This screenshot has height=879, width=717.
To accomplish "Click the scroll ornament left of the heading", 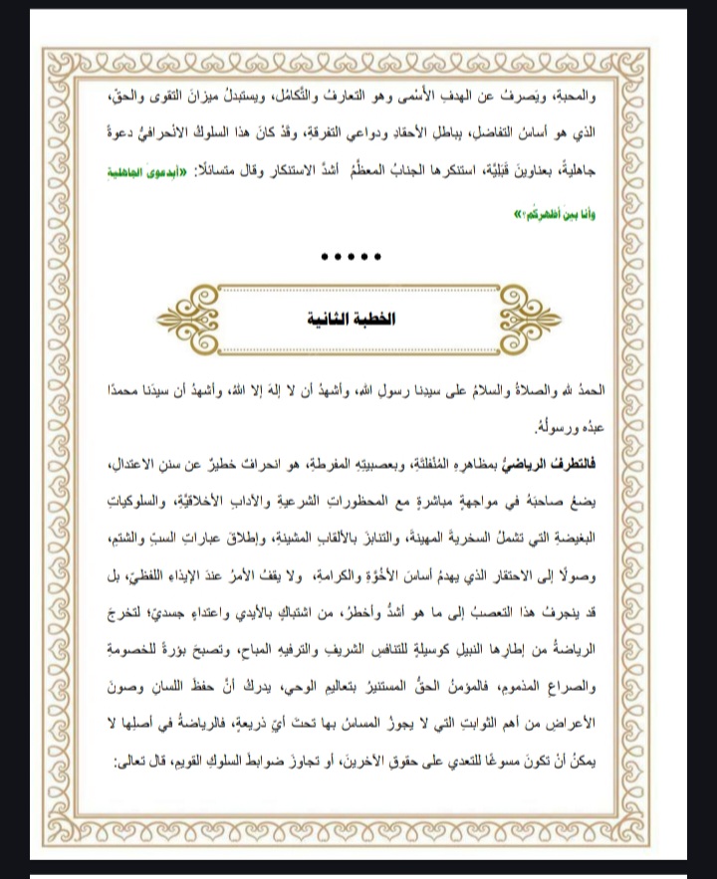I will [x=204, y=319].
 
